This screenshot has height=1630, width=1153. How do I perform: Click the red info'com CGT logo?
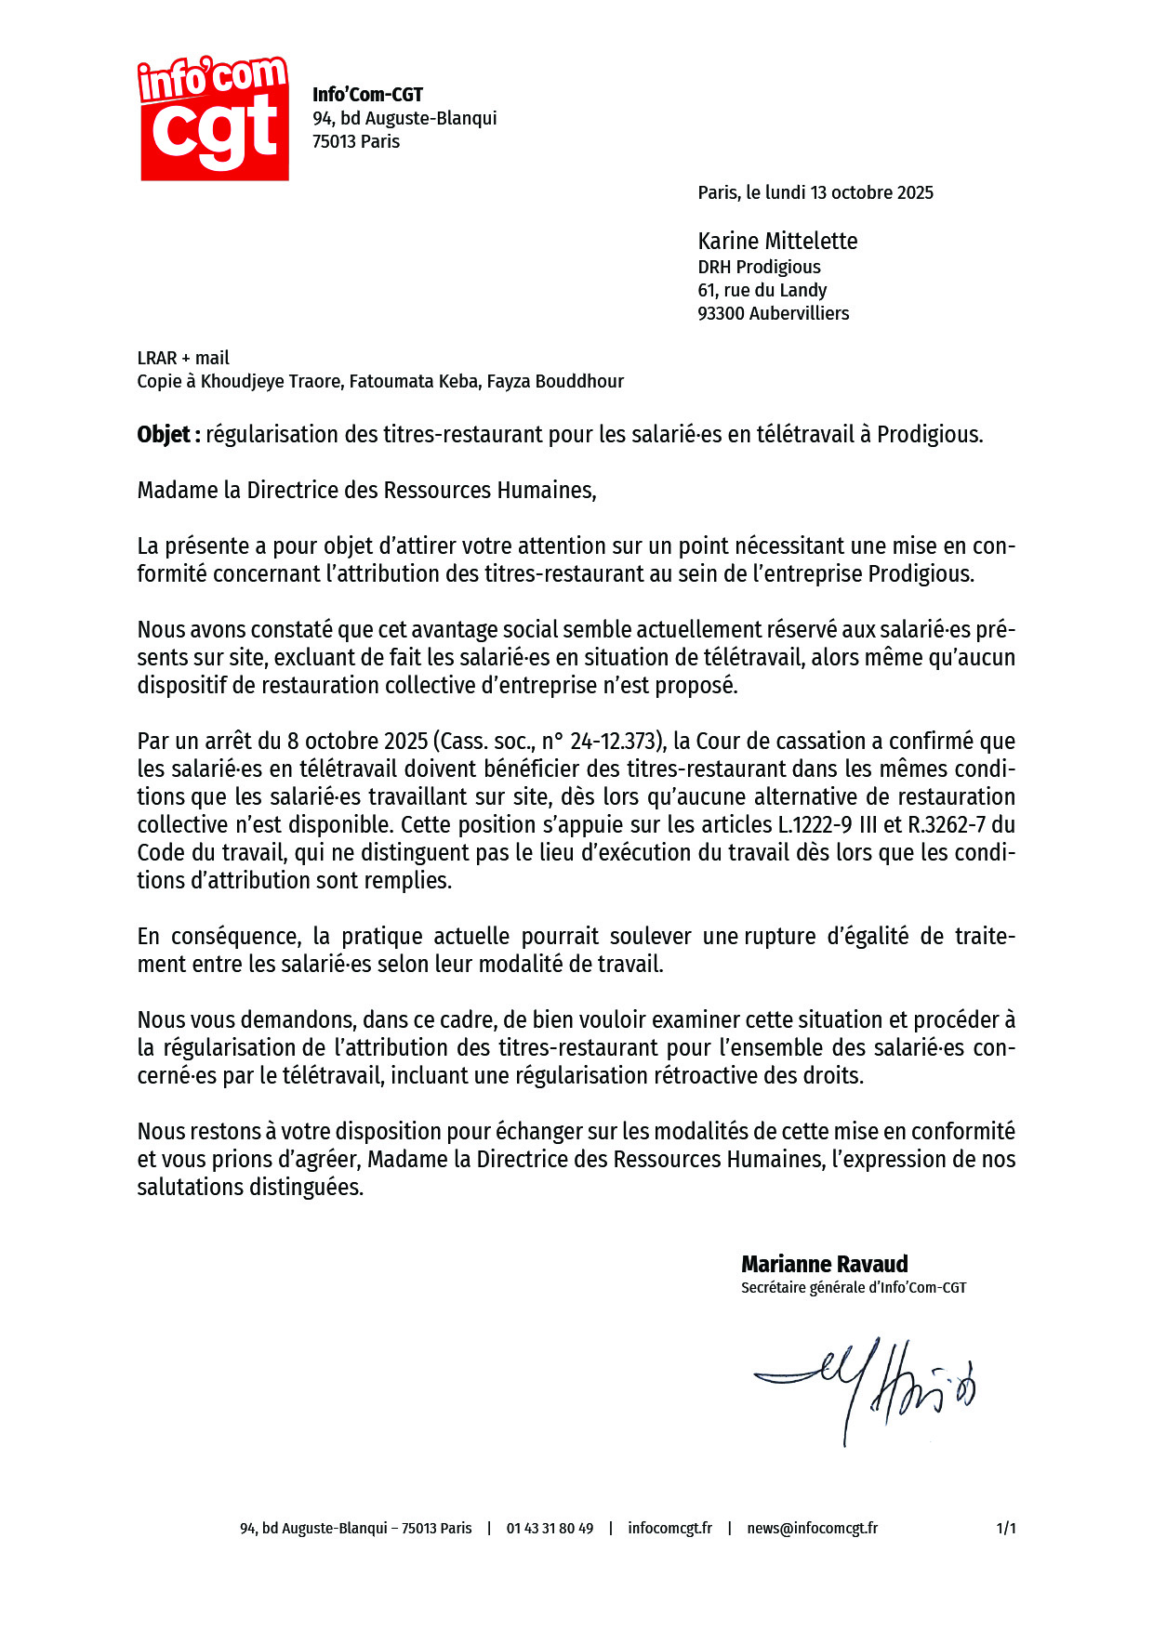click(x=214, y=119)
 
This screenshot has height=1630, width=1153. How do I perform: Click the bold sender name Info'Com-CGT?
click(x=367, y=95)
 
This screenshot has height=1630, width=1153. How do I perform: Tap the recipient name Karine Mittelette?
click(x=777, y=242)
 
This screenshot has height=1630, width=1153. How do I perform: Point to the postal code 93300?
click(x=721, y=314)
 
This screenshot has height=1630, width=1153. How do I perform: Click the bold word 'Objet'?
click(x=164, y=435)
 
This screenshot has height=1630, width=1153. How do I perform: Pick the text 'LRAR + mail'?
click(x=183, y=359)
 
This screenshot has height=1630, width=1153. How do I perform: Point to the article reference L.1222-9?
click(x=815, y=825)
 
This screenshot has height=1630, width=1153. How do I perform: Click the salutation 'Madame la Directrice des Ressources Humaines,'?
click(x=366, y=491)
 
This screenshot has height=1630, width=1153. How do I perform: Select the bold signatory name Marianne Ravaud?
click(x=824, y=1265)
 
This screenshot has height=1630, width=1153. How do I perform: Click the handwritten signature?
click(x=865, y=1385)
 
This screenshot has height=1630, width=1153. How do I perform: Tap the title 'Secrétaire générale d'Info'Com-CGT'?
click(x=853, y=1288)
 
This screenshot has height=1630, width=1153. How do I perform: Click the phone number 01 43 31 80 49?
click(x=550, y=1529)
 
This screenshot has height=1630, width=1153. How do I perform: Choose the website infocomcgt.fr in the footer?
click(x=669, y=1529)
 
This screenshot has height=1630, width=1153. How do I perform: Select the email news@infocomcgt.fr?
click(x=812, y=1529)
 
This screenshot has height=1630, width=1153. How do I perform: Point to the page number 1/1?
click(x=1006, y=1529)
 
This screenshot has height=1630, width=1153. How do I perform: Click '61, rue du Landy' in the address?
click(x=762, y=291)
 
